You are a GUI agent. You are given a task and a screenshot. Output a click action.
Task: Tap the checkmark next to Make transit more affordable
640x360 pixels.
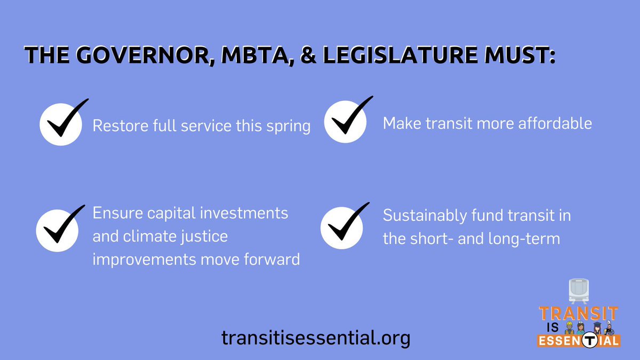click(346, 121)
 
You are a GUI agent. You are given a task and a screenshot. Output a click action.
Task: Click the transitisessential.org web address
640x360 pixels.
click(316, 337)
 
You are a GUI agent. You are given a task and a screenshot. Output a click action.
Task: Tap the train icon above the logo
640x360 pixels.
click(579, 291)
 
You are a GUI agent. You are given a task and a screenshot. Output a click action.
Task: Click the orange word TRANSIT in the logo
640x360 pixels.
click(578, 313)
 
